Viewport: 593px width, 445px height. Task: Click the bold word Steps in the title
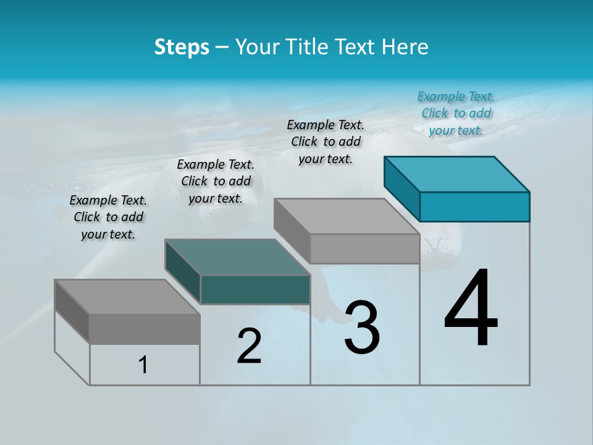(181, 47)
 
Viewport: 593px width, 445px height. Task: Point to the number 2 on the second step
(249, 346)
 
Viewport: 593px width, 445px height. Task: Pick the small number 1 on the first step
(143, 365)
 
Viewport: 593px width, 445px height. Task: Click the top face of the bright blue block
(456, 174)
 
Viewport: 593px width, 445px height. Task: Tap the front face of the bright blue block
(474, 206)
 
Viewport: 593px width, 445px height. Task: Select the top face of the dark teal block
(237, 256)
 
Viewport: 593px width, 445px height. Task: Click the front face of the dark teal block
(255, 289)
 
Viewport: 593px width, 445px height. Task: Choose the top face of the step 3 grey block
(346, 216)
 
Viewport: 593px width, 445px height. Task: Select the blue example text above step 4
(456, 113)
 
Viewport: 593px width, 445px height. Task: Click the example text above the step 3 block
(326, 142)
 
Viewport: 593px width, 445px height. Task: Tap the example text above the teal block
(216, 181)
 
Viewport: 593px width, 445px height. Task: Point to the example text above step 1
(108, 217)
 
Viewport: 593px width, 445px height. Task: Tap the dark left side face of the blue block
(402, 188)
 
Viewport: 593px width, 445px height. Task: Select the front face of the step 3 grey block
(364, 248)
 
